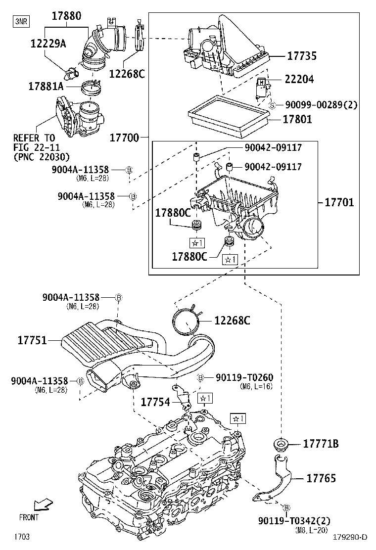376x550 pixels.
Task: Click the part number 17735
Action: (x=302, y=56)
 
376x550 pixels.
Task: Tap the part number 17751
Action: (x=32, y=340)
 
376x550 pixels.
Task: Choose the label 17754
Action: (x=155, y=402)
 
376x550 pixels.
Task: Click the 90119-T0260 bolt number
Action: (x=244, y=378)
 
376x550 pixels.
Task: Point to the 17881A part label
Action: (x=46, y=87)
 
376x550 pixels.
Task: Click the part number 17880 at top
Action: (x=67, y=16)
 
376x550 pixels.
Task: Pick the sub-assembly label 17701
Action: (x=339, y=202)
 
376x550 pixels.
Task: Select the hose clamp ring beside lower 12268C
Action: (x=187, y=321)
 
